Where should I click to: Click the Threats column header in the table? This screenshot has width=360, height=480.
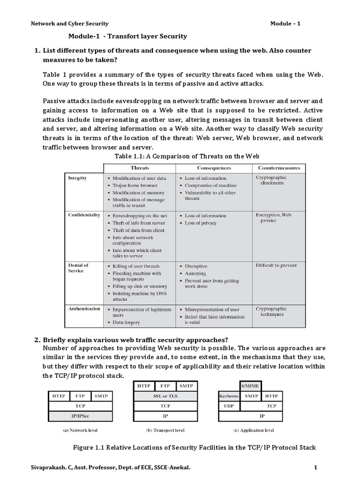[x=140, y=167]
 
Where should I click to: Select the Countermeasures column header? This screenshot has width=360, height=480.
[x=279, y=167]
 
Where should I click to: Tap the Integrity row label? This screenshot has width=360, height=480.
[x=77, y=178]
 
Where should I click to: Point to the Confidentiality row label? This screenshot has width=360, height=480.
[x=84, y=215]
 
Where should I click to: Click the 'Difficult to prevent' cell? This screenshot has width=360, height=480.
[x=276, y=265]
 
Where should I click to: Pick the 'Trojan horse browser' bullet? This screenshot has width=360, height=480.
[x=135, y=186]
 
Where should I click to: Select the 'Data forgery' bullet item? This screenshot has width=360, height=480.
[x=126, y=322]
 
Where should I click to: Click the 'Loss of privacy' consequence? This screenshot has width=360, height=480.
[x=201, y=223]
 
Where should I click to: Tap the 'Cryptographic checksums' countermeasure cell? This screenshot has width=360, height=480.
[x=271, y=180]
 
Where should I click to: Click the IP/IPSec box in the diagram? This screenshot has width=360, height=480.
[x=80, y=416]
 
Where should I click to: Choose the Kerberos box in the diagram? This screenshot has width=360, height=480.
[x=229, y=396]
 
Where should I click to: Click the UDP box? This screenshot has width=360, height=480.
[x=229, y=406]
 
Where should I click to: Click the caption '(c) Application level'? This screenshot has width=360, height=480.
[x=254, y=430]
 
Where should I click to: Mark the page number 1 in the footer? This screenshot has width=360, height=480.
[x=315, y=466]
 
